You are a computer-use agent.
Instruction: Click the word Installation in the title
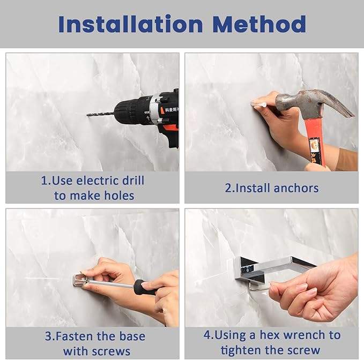[x=131, y=24]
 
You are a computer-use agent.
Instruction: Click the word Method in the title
[x=259, y=24]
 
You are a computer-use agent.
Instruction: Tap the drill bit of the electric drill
[x=100, y=114]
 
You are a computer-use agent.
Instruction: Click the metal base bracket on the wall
[x=79, y=281]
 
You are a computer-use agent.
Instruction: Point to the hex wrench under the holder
[x=259, y=288]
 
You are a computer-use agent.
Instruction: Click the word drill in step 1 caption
[x=133, y=181]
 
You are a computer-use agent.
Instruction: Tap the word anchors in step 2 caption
[x=296, y=188]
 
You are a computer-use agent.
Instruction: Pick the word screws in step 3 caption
[x=113, y=351]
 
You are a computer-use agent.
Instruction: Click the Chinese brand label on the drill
[x=172, y=109]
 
